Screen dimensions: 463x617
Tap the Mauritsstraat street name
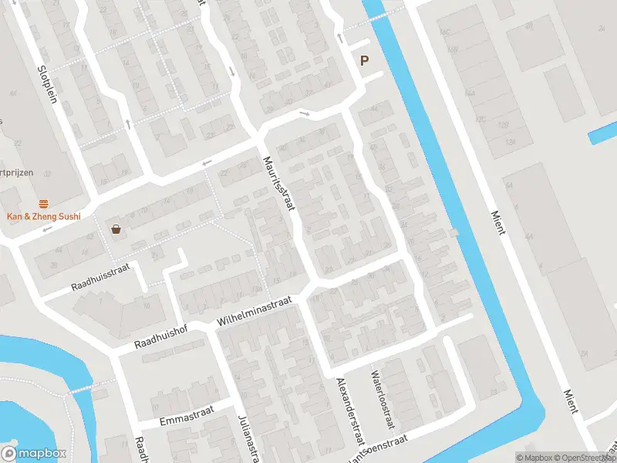pos(280,186)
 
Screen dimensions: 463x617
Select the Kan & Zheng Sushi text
pos(44,217)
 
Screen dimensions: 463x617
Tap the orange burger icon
pos(44,204)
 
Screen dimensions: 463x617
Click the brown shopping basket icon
pos(116,229)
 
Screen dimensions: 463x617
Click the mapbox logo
pos(34,454)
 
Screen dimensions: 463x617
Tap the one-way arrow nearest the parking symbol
pos(339,38)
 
